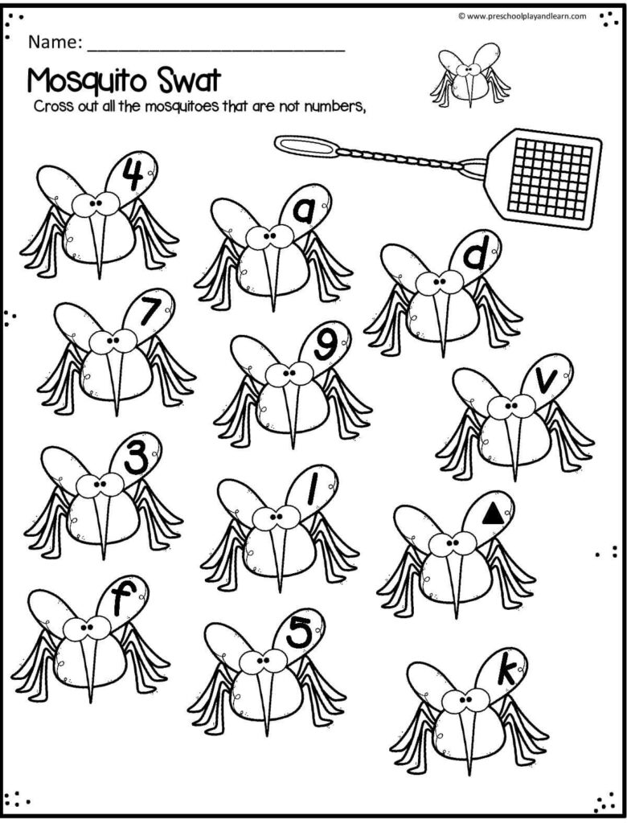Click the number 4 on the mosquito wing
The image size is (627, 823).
click(134, 174)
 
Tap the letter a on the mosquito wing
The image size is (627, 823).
click(304, 211)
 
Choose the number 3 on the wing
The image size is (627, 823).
click(137, 460)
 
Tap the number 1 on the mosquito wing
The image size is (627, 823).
click(313, 490)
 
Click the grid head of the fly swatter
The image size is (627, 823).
click(544, 178)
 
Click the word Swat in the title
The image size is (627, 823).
click(182, 81)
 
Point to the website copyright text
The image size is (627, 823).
click(522, 16)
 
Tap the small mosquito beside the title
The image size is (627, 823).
click(469, 75)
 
